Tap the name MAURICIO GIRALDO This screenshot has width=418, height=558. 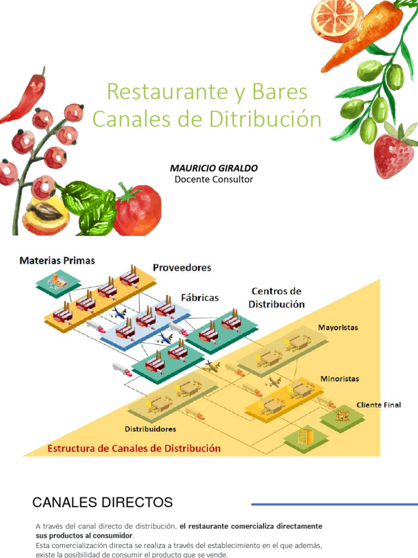(x=214, y=168)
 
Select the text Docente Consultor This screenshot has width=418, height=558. (x=214, y=179)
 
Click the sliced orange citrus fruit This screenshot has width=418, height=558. (x=337, y=16)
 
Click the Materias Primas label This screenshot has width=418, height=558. (x=57, y=260)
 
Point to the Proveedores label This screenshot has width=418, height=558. (x=182, y=268)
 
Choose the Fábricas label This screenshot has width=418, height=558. (x=200, y=298)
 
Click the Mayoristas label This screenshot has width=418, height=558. (x=337, y=328)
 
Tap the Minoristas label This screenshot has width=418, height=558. (x=340, y=378)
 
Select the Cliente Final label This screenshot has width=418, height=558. (x=379, y=405)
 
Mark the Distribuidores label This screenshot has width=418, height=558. (x=151, y=429)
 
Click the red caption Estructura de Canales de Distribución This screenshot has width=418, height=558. (x=135, y=448)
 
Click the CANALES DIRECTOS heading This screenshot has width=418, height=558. (x=102, y=502)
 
